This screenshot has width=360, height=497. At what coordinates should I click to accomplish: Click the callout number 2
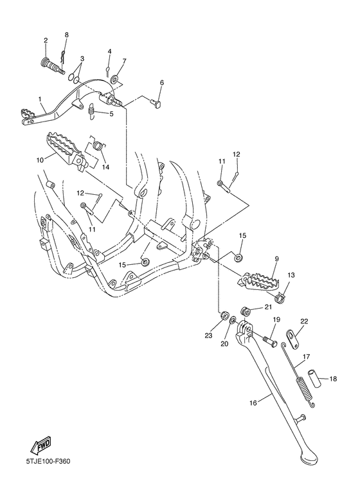click(46, 41)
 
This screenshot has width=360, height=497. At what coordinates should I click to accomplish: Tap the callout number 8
click(66, 34)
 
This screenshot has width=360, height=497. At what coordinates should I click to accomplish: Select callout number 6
click(162, 83)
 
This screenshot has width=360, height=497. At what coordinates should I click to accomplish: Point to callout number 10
click(40, 159)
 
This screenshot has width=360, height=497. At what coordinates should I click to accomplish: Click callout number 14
click(105, 167)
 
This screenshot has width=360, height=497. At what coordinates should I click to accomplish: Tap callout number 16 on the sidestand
click(253, 402)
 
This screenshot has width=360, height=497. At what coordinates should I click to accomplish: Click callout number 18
click(333, 379)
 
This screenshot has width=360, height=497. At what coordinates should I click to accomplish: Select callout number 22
click(304, 321)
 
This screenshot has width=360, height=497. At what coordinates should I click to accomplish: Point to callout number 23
click(208, 334)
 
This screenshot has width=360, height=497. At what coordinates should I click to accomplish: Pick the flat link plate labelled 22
click(292, 336)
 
